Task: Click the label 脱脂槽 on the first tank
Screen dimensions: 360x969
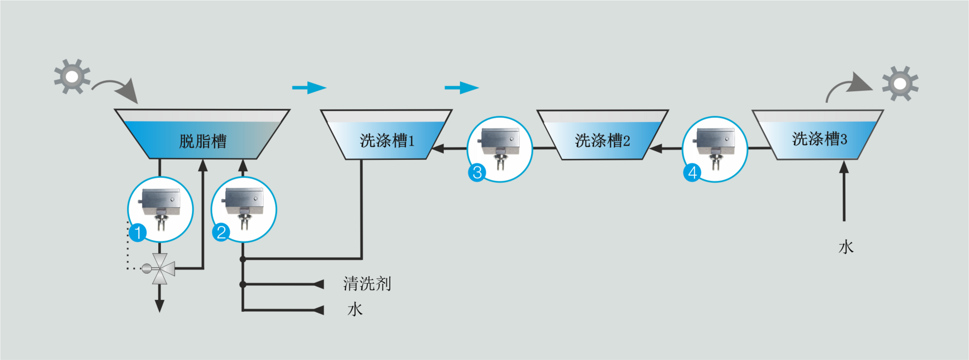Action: [203, 141]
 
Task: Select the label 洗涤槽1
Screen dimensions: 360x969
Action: [386, 141]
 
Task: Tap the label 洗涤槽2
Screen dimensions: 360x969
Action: [602, 141]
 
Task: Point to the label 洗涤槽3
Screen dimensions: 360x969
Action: [819, 139]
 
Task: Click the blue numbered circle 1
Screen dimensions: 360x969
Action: [138, 232]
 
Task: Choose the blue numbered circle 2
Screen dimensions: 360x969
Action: [222, 232]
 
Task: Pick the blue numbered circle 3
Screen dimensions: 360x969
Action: [477, 172]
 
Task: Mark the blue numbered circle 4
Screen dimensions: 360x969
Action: [693, 172]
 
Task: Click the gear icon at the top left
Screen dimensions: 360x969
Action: [72, 77]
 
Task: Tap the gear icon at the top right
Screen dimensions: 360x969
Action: [900, 84]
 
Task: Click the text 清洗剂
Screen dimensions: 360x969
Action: [367, 284]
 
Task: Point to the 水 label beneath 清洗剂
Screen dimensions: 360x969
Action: [355, 310]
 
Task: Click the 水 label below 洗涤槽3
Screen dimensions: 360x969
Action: [846, 247]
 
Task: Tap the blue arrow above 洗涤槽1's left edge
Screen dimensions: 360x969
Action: [309, 88]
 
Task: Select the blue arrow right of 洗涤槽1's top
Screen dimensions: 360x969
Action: [462, 88]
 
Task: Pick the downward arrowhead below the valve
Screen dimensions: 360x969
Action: [160, 306]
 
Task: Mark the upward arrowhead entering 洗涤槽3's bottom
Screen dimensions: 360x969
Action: [844, 167]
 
